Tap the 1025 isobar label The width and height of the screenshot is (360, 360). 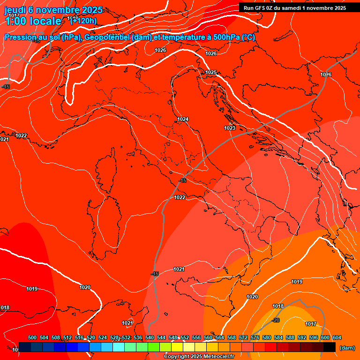point(211,72)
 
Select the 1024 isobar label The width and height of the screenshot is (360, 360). point(183,120)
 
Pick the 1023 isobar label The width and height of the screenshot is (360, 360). point(230,128)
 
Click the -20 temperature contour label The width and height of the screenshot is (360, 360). point(276,320)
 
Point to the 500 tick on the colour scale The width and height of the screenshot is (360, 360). point(32,337)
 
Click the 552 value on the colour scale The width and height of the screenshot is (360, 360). point(185,337)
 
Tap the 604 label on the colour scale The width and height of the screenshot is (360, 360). point(337,337)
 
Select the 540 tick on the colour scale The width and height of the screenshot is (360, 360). point(150,337)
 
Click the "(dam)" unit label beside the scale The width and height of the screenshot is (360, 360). point(347,348)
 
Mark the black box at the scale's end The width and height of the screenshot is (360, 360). point(330,347)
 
